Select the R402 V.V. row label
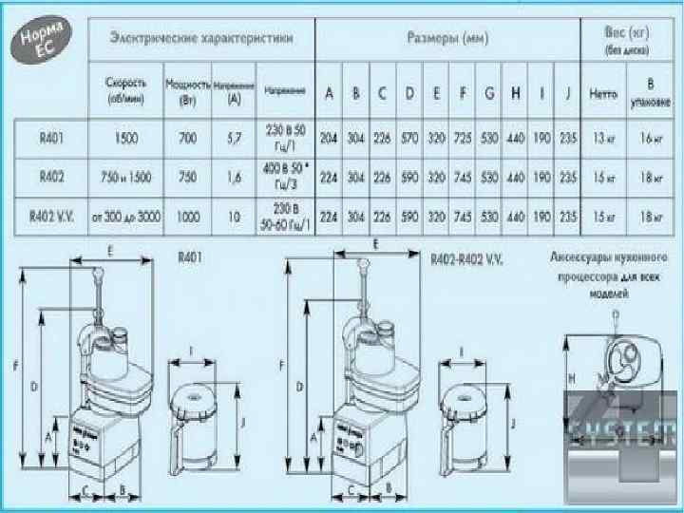point(51,217)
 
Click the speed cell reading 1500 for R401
point(125,138)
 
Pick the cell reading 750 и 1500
point(125,177)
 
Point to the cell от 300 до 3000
point(125,217)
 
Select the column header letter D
point(408,93)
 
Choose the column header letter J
point(566,93)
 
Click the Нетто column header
point(602,95)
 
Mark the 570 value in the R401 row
point(408,138)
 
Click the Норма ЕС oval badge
point(44,44)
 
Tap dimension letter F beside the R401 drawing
point(14,366)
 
